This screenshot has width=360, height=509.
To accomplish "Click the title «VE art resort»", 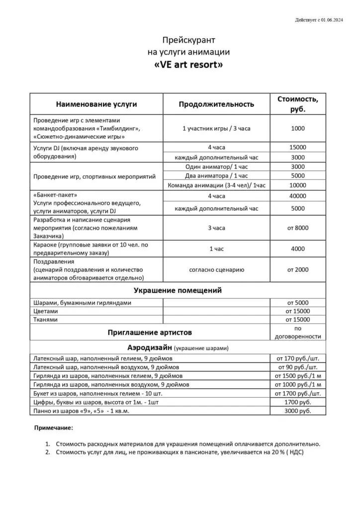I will (x=185, y=65).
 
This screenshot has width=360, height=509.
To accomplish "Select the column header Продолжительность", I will (x=216, y=104).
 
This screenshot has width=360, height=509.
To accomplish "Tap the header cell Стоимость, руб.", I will (x=298, y=104).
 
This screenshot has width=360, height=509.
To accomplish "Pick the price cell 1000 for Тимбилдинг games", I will (x=298, y=128).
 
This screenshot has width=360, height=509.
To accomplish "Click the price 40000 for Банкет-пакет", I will (x=298, y=196).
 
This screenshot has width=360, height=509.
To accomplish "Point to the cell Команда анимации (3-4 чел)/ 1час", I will (x=216, y=185).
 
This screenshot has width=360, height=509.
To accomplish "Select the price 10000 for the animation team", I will (x=298, y=185).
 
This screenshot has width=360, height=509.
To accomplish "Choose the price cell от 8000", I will (x=298, y=228).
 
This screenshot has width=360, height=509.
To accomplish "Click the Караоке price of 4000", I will (x=298, y=249).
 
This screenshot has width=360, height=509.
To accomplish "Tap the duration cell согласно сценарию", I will (x=216, y=269).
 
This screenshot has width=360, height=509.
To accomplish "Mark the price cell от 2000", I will (x=298, y=269).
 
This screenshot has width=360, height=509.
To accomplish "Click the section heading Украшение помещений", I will (x=178, y=290).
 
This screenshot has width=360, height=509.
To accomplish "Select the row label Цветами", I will (x=45, y=311).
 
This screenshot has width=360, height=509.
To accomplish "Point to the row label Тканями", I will (x=45, y=320).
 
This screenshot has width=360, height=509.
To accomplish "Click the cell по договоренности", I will (x=298, y=332).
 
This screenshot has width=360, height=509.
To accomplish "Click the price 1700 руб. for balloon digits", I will (x=298, y=402).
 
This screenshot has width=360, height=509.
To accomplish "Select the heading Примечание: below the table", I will (x=53, y=427).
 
